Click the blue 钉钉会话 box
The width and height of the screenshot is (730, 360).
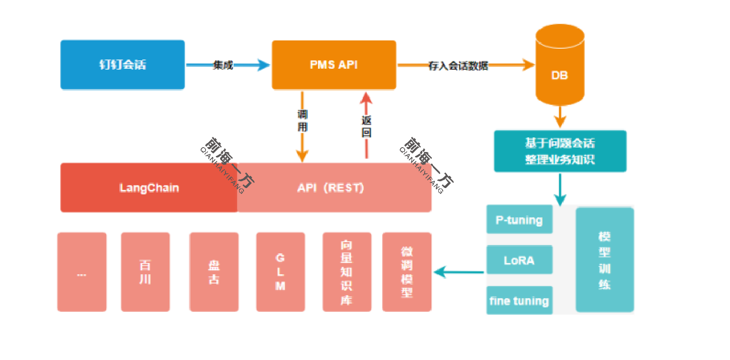122,65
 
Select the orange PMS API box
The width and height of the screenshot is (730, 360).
334,65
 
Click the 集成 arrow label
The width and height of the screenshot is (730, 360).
223,65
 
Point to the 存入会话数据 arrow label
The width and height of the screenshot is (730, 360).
458,66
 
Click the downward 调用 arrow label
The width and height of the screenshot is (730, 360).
302,121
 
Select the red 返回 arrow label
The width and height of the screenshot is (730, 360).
366,126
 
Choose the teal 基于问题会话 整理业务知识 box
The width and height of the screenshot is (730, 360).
560,151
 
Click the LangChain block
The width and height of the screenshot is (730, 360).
149,188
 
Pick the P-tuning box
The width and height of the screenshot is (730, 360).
519,220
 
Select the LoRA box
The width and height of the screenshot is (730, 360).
519,260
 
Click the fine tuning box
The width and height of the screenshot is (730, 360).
519,301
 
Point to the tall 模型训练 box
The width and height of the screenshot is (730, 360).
604,260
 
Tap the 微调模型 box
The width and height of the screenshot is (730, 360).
407,272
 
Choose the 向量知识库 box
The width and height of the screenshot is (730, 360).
347,272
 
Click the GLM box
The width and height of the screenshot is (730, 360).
281,272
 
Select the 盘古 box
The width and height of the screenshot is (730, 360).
214,272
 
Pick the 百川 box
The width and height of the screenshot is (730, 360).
145,272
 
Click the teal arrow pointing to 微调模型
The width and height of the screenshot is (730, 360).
458,272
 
